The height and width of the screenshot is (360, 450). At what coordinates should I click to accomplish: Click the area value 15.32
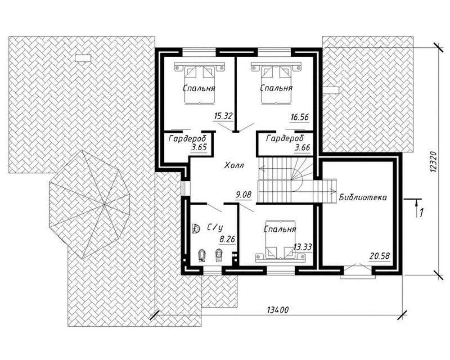point(223,117)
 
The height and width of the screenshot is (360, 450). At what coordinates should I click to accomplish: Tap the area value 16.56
point(299,117)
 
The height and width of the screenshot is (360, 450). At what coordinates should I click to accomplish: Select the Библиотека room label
point(363,198)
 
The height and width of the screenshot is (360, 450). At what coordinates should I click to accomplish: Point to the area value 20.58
point(379,256)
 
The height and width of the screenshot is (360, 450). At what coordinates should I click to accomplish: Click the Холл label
point(234,165)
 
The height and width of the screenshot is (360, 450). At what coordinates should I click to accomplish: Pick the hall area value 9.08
point(243,195)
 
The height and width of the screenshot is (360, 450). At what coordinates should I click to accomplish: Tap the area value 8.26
point(227,239)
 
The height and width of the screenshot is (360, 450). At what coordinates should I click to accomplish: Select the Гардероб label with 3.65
point(187,139)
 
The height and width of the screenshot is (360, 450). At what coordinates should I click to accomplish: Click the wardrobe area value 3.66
point(302,148)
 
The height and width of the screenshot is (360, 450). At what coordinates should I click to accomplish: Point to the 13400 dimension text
point(278,310)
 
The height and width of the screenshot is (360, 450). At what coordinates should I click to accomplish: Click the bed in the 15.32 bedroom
point(199,84)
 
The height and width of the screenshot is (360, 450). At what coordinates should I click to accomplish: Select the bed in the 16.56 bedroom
point(276,84)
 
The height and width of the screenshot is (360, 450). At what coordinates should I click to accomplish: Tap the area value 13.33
point(303,247)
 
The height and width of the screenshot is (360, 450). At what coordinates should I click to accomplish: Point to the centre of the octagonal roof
point(104,204)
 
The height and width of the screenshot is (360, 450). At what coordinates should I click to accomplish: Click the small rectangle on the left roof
point(83,58)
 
